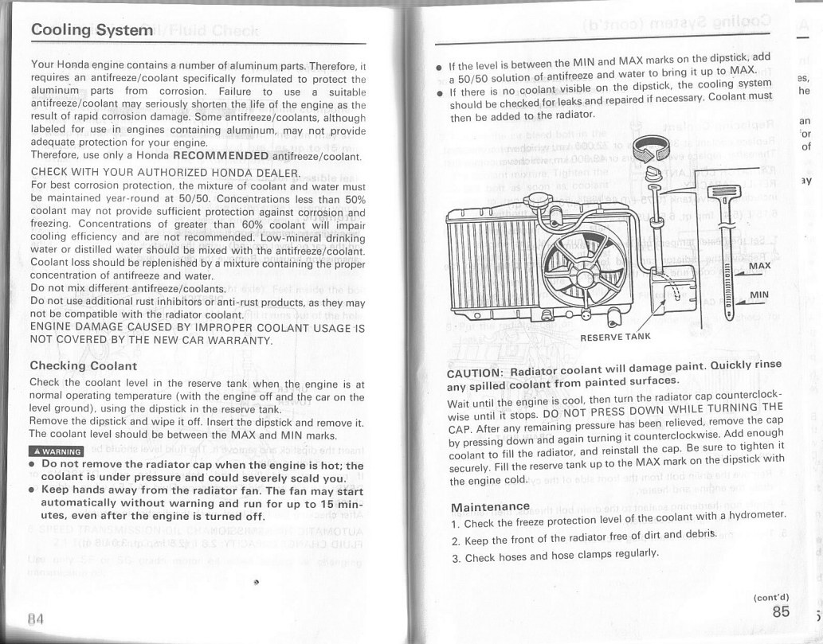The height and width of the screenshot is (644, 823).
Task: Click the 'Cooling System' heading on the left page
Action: [x=91, y=29]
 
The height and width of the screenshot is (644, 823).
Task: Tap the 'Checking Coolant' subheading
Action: [x=83, y=366]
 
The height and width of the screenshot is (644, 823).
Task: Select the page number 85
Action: [x=780, y=611]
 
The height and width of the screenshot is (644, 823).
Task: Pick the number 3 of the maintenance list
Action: [x=455, y=557]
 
